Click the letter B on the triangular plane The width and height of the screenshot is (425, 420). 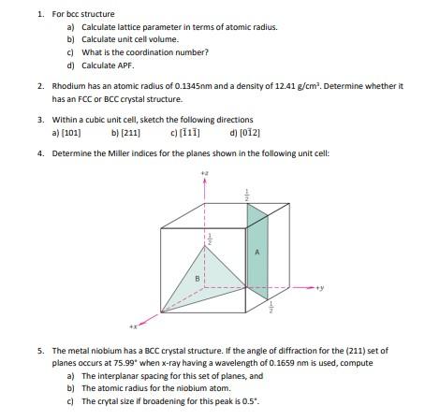(197, 278)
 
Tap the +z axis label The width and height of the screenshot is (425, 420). (205, 173)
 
